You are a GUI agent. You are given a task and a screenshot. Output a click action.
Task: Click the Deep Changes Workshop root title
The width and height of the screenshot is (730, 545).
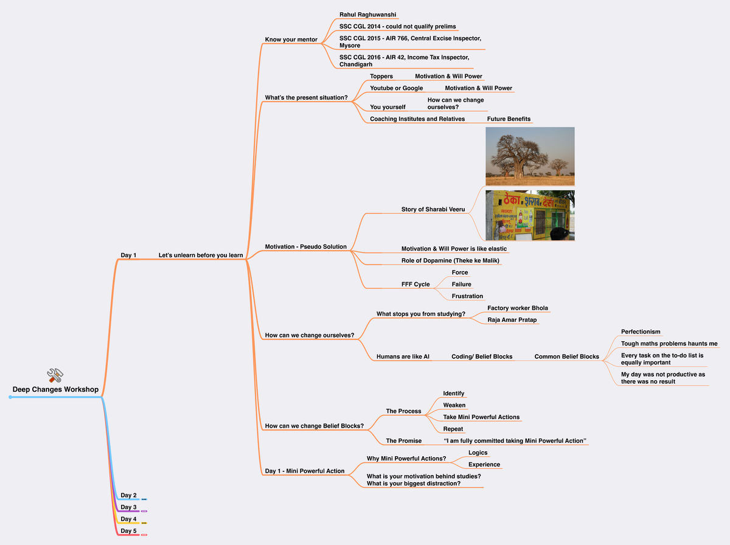[55, 389]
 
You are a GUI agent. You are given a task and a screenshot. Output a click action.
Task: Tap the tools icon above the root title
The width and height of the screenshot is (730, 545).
[55, 375]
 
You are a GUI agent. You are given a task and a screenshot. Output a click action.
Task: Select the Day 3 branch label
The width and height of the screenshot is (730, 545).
[128, 507]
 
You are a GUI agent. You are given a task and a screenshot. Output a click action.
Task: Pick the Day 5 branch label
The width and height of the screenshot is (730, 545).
[128, 531]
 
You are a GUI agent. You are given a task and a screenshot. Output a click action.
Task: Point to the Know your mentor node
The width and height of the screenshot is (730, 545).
[291, 40]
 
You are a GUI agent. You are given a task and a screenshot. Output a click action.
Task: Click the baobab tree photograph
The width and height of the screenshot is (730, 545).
[530, 156]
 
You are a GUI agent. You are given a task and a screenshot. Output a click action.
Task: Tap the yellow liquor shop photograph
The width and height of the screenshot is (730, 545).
[530, 215]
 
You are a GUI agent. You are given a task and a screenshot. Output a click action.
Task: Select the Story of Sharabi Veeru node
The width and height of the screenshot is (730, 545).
[433, 209]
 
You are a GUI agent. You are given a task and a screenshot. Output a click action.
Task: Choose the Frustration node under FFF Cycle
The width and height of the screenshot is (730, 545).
[467, 296]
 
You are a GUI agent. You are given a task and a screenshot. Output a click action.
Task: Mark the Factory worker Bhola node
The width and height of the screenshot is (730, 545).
[517, 308]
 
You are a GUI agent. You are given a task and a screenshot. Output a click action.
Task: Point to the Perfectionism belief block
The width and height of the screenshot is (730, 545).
[640, 332]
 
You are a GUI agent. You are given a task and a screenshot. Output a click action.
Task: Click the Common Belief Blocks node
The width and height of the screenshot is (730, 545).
[566, 356]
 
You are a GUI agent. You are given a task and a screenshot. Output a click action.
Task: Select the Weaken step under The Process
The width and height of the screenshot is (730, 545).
[454, 405]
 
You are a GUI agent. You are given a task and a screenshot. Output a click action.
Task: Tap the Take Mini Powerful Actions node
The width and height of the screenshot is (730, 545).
[481, 417]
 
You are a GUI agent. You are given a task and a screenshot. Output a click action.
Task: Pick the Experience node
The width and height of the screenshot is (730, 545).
[484, 465]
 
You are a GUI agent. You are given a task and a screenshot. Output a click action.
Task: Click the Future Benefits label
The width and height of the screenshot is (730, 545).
[509, 119]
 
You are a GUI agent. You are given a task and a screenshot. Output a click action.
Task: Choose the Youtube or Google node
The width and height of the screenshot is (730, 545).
[396, 88]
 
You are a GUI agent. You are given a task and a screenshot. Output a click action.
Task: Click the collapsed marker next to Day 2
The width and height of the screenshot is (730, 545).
[144, 499]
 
